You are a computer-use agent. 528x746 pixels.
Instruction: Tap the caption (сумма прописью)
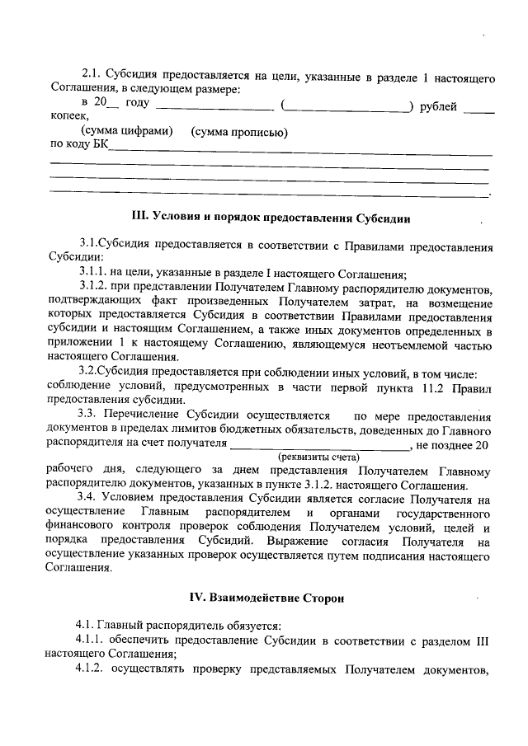[238, 133]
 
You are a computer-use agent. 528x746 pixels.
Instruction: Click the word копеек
[68, 119]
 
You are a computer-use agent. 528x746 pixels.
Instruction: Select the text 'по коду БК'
[79, 146]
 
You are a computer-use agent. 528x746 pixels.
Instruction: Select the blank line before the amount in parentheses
[214, 107]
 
